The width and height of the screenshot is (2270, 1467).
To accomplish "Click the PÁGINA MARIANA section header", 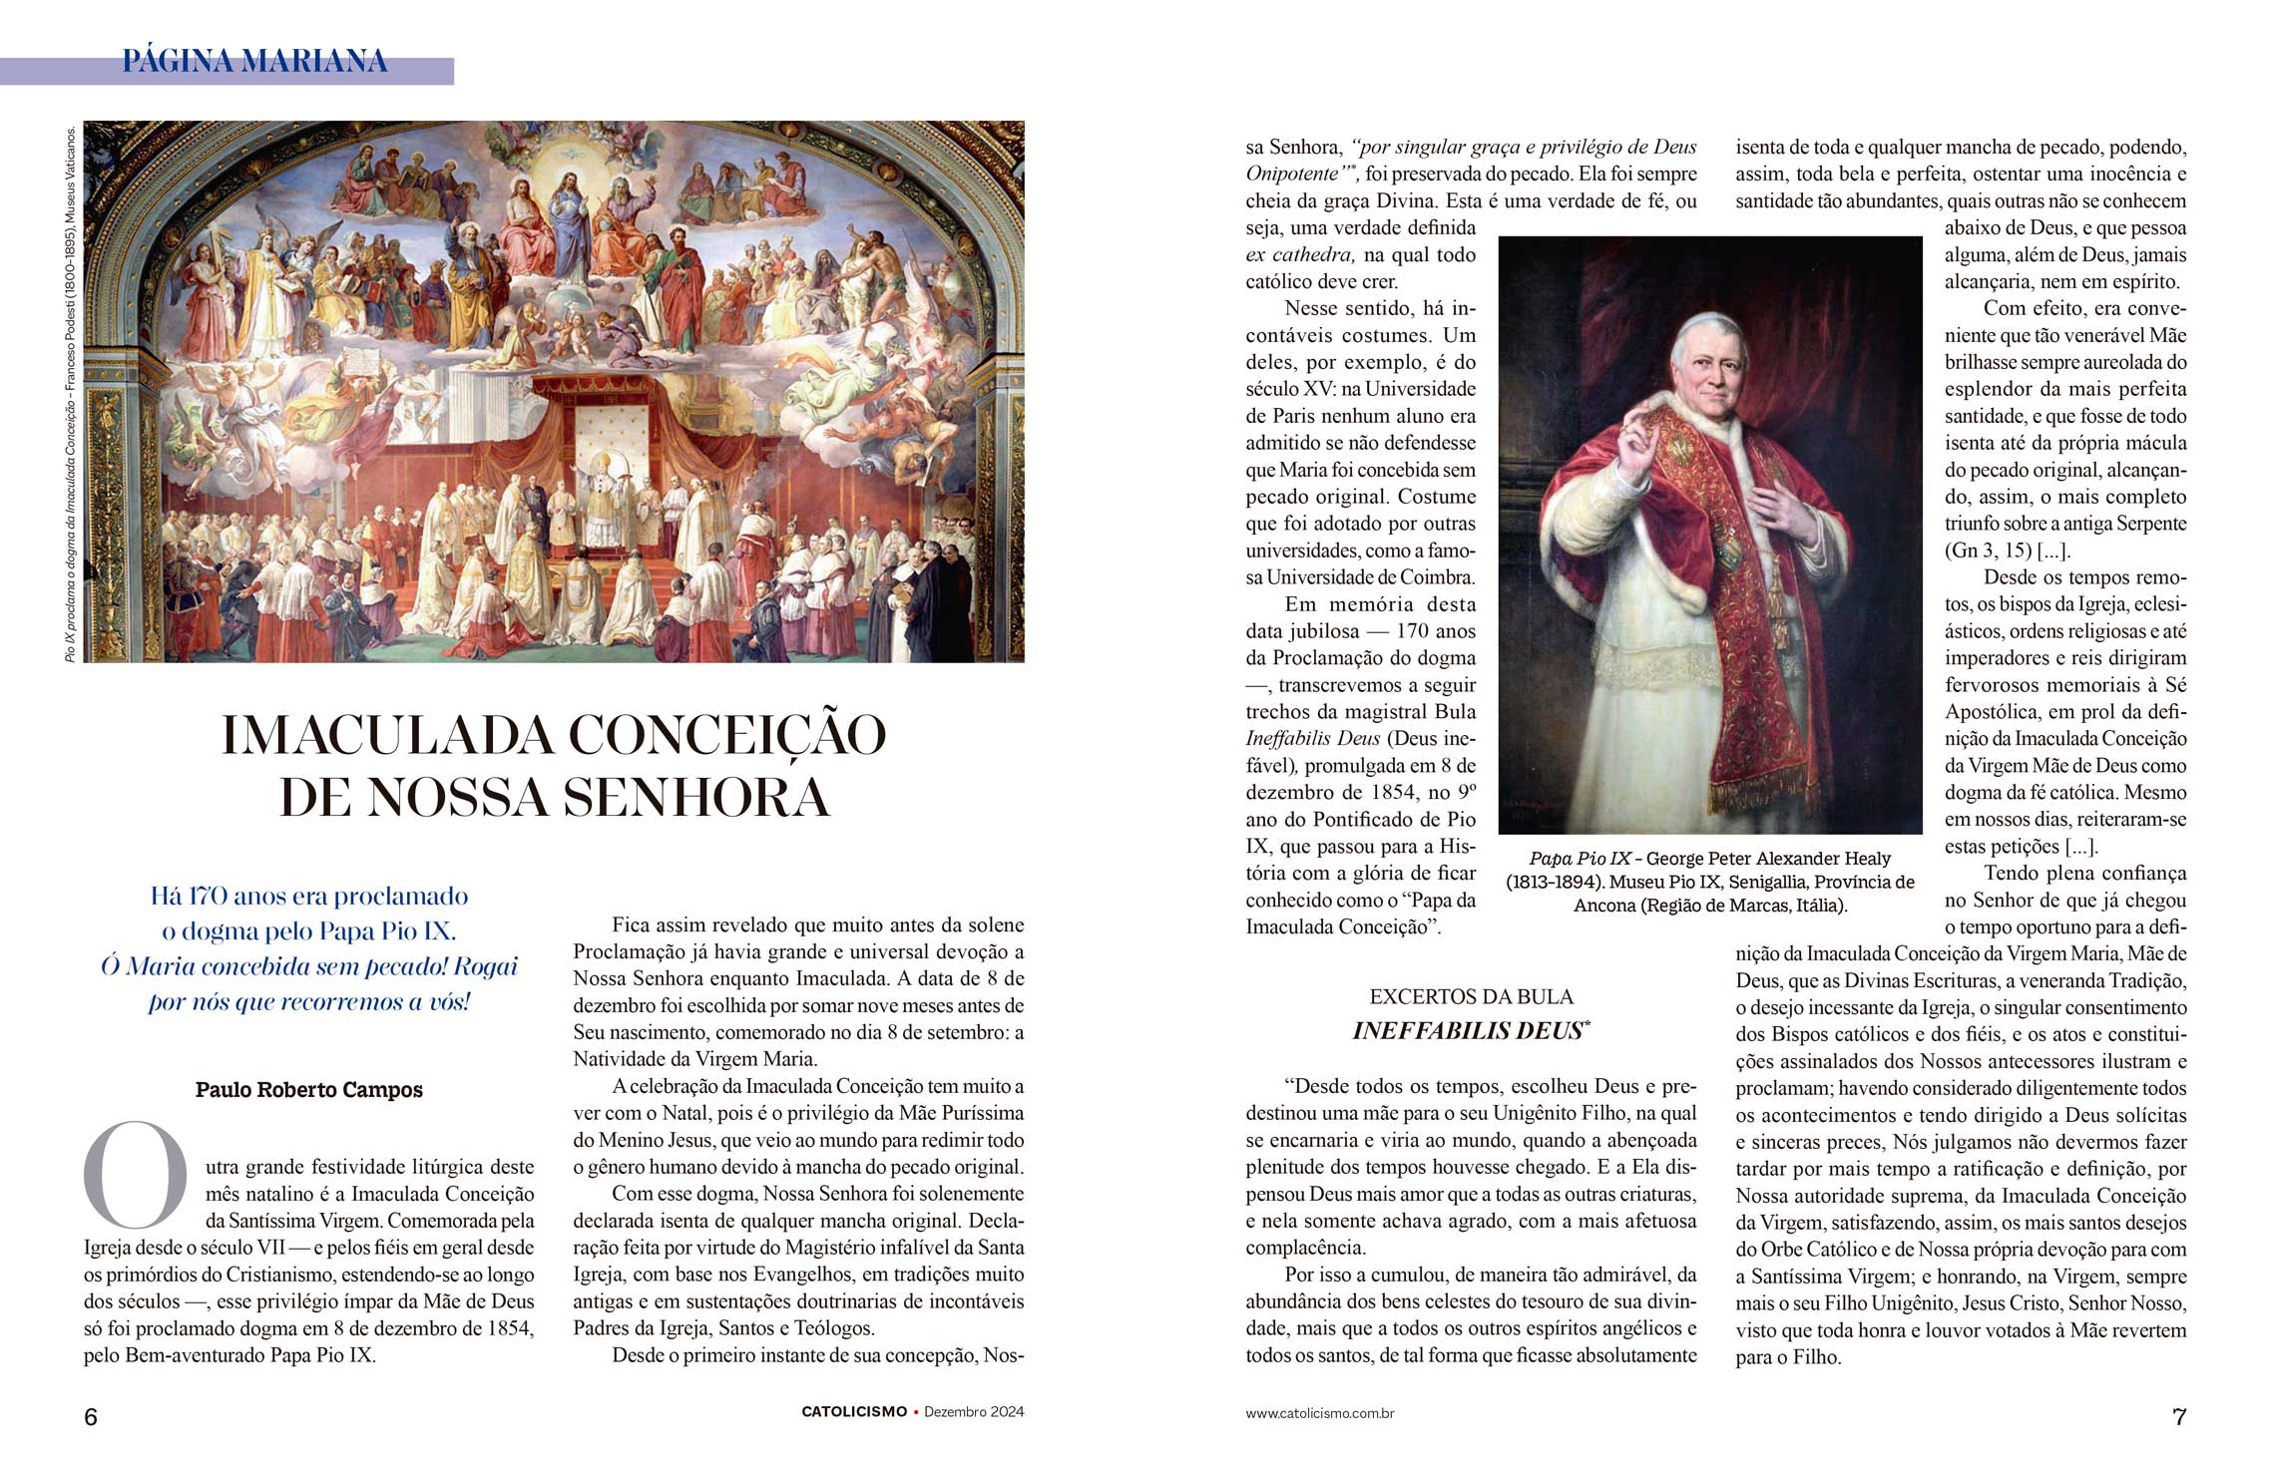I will coord(254,62).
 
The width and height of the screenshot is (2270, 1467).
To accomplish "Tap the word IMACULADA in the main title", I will coord(387,736).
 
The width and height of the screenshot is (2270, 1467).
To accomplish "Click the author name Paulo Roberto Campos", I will coord(308,1090).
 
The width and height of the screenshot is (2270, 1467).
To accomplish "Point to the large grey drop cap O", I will coord(136,1176).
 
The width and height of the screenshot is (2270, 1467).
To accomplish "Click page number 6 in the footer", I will coord(91,1417).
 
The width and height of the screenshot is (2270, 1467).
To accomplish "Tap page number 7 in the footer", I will coord(2179,1417).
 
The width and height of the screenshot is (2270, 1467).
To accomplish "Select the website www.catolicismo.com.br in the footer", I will coord(1319,1413).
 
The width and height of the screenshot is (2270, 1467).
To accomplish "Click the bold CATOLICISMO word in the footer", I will coord(854,1412).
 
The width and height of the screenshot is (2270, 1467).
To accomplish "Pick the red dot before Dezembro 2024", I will coord(916,1412).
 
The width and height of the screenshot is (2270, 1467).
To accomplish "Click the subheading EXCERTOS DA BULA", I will coord(1471,997).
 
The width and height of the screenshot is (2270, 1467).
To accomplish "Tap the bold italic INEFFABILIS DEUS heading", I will coord(1468,1031).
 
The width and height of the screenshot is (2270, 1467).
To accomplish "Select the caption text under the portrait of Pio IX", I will coord(1710,882).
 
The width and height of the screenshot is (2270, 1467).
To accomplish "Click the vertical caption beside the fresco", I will coord(70,393).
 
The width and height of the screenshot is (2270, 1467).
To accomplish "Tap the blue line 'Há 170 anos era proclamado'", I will coord(308,896).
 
